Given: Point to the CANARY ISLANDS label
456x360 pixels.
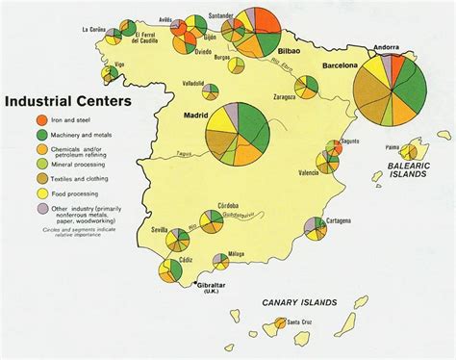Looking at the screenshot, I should point(299,303).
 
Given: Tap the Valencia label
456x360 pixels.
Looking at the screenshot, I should point(309,172).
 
